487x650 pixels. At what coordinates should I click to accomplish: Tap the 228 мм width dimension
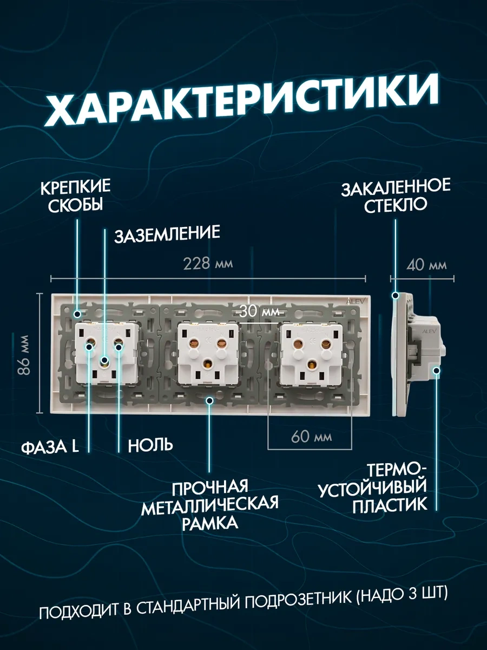(208, 264)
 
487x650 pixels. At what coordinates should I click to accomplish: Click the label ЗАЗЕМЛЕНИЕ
(167, 233)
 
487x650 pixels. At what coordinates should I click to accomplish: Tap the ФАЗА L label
(50, 446)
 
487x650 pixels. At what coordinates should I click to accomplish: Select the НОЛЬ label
(150, 446)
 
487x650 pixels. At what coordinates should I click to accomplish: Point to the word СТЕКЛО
(396, 206)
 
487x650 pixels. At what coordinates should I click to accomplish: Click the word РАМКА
(210, 524)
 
